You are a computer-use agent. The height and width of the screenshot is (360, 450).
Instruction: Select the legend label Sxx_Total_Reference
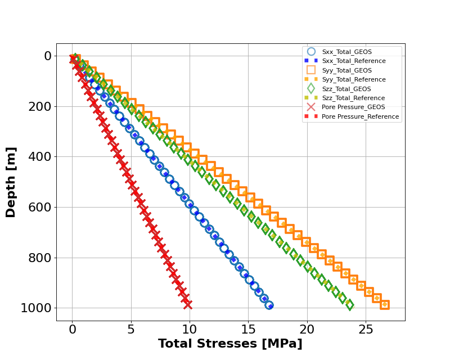(x=354, y=61)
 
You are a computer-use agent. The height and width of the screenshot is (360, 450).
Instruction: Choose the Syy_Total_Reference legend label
(x=354, y=79)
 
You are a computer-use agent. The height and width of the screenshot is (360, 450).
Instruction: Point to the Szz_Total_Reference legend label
(x=354, y=98)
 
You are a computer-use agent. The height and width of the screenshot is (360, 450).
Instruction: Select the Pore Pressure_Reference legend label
(x=360, y=116)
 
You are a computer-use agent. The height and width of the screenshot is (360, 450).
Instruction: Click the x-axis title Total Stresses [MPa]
(x=230, y=344)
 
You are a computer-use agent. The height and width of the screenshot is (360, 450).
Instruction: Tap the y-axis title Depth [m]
(x=11, y=182)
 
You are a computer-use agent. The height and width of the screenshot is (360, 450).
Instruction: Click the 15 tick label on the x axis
(x=248, y=329)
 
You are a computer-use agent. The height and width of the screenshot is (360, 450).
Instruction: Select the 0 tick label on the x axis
(x=72, y=329)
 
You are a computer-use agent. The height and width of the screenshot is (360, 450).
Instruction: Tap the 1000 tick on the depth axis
(x=37, y=308)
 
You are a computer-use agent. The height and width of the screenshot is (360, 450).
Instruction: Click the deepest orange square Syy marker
(x=385, y=305)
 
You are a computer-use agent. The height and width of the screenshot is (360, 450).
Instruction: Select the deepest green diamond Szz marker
(x=349, y=305)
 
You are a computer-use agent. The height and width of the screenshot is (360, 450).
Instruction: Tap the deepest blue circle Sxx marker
(x=269, y=305)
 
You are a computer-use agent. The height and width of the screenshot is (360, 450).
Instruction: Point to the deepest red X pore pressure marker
(x=187, y=304)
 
